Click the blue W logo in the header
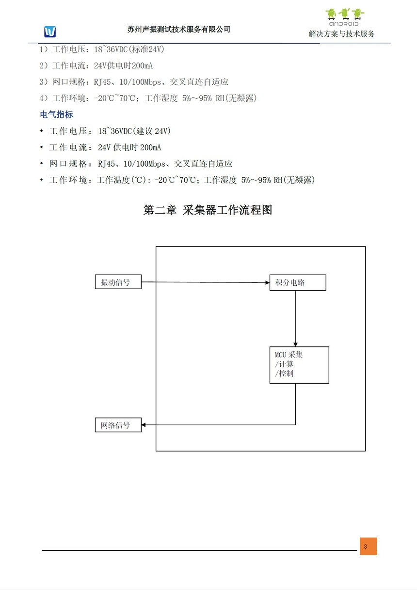tap(50, 31)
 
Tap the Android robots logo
tap(345, 17)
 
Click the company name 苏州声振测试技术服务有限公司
tap(179, 29)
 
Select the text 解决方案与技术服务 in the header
tap(342, 34)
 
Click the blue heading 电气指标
tap(56, 115)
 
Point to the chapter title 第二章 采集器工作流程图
tap(208, 210)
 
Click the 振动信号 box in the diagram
tap(118, 282)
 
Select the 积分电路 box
tap(298, 282)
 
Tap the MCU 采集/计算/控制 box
tap(299, 365)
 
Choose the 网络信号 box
tap(118, 425)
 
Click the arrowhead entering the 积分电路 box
tap(267, 282)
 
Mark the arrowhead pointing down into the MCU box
tap(295, 344)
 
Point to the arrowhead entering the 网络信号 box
tap(144, 425)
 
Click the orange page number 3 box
tap(368, 546)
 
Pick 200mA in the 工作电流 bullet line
tap(150, 147)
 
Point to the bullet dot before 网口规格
tap(41, 164)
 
